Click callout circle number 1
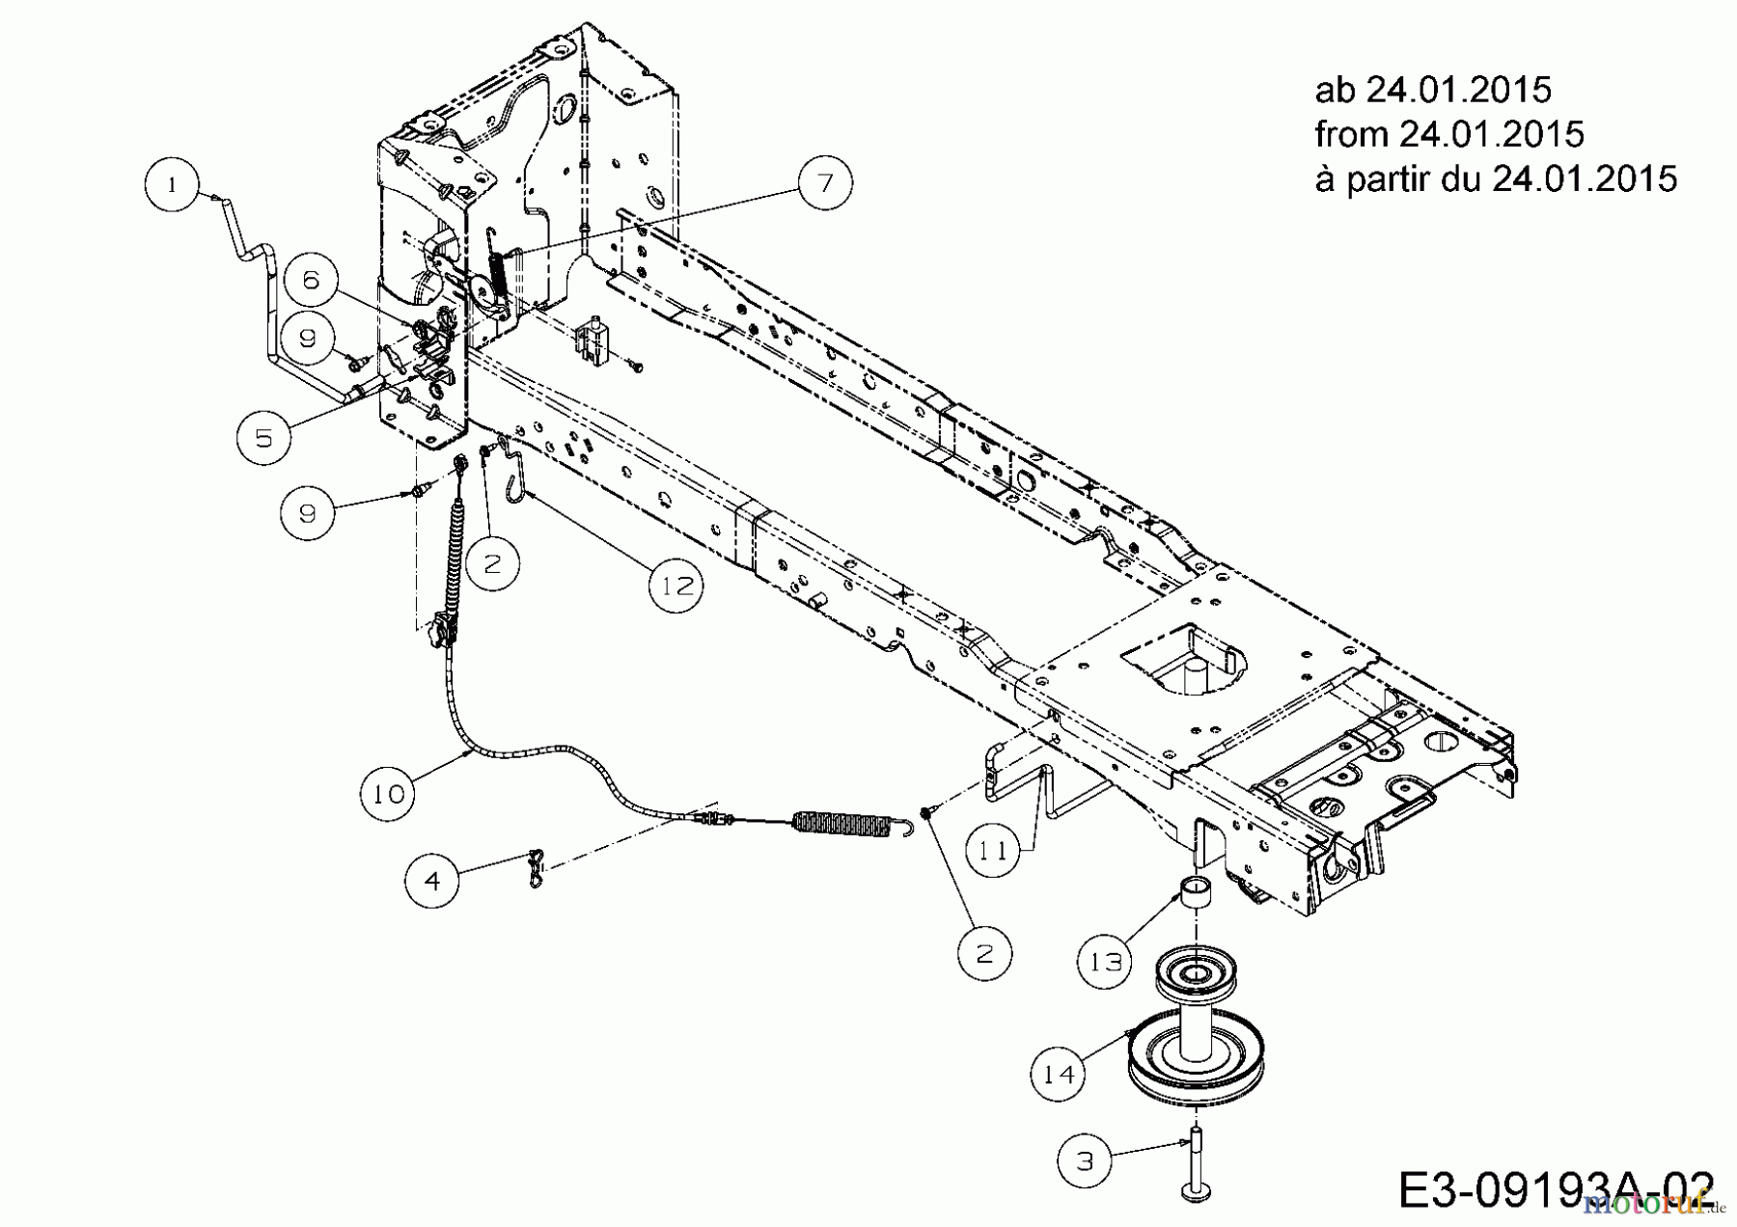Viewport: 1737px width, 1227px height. pos(172,185)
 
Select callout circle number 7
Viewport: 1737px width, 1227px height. pos(825,182)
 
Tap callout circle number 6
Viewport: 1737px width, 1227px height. pos(310,281)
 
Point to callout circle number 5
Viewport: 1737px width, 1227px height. pos(263,438)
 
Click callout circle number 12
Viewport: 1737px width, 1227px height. pos(675,586)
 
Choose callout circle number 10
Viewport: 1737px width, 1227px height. pos(389,794)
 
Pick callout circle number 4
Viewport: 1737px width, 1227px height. pos(432,881)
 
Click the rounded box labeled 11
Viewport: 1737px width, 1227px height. pos(994,851)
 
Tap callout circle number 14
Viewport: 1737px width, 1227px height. pos(1059,1074)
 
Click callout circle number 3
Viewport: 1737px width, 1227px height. pos(1085,1160)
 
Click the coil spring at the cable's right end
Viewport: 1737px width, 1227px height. pos(840,822)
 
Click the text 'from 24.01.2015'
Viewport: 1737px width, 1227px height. pos(1448,134)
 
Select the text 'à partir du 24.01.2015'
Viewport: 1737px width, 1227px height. pos(1495,178)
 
